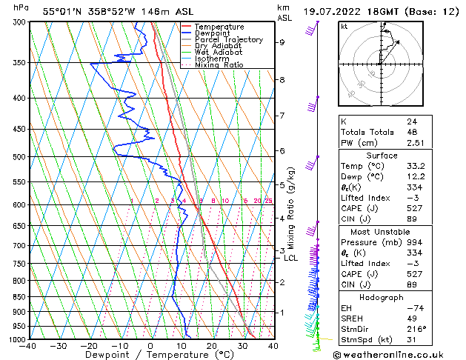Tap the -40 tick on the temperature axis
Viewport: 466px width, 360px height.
29,345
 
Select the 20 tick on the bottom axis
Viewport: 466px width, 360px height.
211,345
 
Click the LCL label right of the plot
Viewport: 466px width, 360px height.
290,258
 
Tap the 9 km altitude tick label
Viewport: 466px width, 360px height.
282,42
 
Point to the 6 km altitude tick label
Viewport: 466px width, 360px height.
282,151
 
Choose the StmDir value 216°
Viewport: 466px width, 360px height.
416,329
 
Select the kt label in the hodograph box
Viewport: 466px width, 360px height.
344,26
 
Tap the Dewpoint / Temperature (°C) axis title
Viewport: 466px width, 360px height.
150,355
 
